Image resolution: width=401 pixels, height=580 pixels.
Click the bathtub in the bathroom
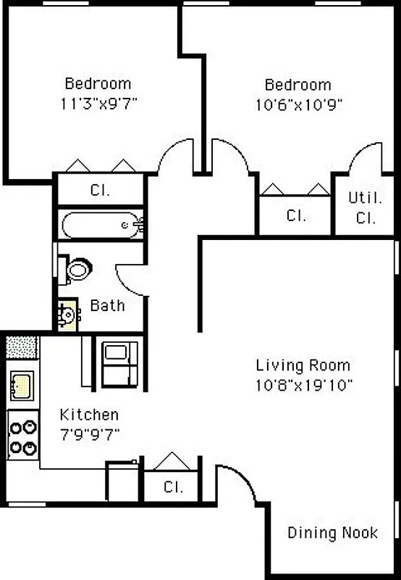click(x=101, y=225)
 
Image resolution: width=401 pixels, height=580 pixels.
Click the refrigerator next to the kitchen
click(x=117, y=365)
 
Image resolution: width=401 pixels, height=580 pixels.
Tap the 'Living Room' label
click(x=303, y=365)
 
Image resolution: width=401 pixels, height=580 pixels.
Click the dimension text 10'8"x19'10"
click(x=303, y=385)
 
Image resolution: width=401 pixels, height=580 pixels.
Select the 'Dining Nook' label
click(x=332, y=533)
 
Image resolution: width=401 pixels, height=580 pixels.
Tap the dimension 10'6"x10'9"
click(x=297, y=104)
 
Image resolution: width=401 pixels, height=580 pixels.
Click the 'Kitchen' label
click(x=89, y=415)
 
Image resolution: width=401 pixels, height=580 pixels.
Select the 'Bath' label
click(x=107, y=305)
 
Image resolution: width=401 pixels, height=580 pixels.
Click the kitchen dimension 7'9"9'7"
click(x=89, y=434)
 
